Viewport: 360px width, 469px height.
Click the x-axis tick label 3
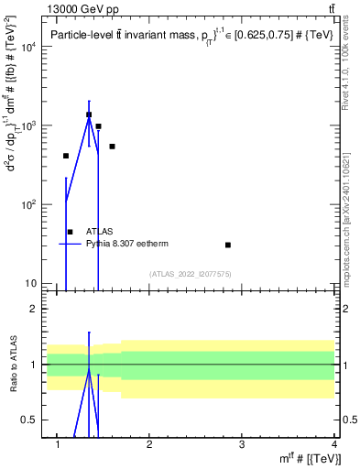click(240, 445)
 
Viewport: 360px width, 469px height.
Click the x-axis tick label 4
click(333, 445)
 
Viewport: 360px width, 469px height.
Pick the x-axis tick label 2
click(148, 445)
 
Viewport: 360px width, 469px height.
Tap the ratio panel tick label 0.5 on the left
click(28, 420)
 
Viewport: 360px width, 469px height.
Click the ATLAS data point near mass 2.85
click(228, 245)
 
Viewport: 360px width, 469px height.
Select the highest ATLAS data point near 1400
click(89, 115)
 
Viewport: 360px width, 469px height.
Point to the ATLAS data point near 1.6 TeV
click(112, 147)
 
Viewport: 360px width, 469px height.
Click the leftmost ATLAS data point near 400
click(66, 156)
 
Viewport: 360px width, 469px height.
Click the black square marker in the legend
click(71, 232)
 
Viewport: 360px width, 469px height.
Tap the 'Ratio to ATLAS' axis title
click(12, 365)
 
